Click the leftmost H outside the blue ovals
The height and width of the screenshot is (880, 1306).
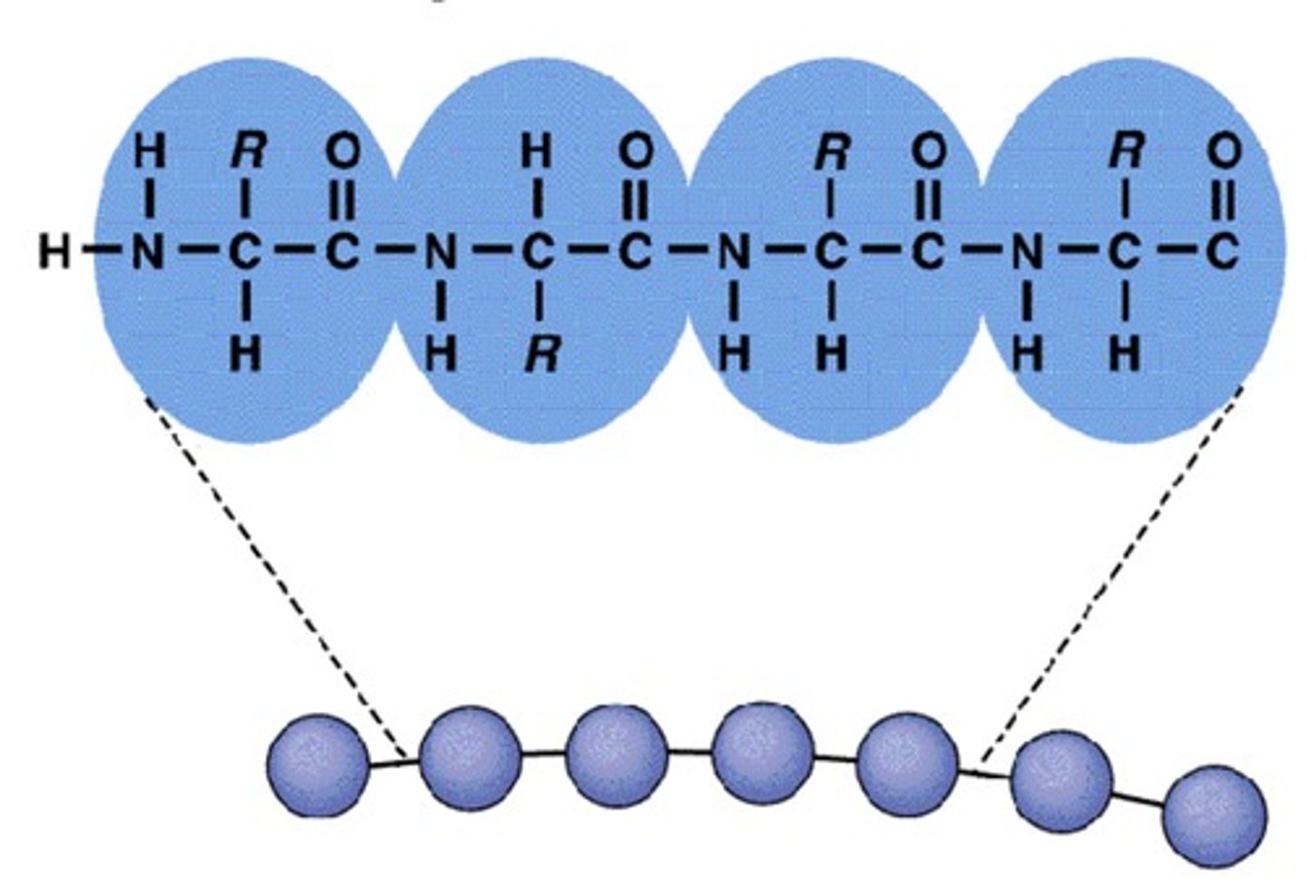(54, 254)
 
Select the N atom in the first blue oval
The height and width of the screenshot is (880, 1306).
(149, 254)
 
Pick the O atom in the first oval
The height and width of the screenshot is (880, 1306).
(342, 152)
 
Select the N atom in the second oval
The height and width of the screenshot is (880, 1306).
(441, 254)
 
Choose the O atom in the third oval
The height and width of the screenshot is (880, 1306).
(927, 152)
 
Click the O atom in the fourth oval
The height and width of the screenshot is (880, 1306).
(1223, 152)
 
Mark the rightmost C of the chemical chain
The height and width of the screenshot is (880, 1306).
(1223, 254)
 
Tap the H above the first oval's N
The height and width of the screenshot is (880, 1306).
(149, 152)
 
